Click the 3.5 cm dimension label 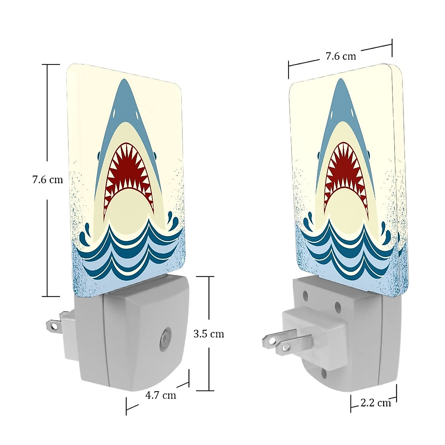point(209,334)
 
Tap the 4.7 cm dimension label point(160,395)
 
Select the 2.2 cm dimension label point(375,403)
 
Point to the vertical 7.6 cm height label point(47,180)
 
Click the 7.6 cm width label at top point(340,56)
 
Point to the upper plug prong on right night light point(273,338)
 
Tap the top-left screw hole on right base point(306,296)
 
